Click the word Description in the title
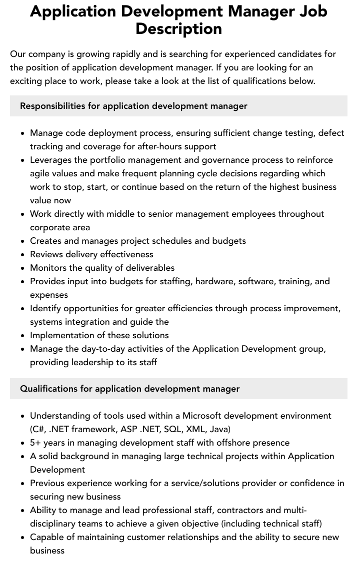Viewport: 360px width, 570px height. pyautogui.click(x=178, y=28)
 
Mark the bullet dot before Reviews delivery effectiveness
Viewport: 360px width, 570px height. pyautogui.click(x=23, y=255)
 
